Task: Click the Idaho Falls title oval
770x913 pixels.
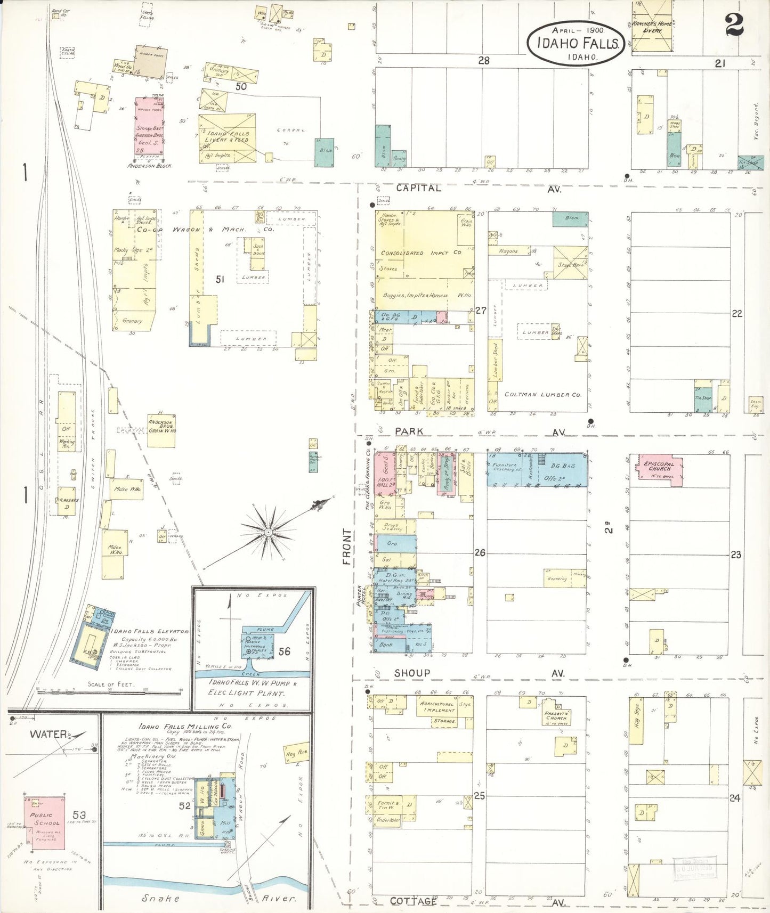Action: [x=576, y=43]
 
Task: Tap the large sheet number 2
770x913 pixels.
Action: [x=734, y=25]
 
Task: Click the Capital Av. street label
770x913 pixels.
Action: [x=418, y=188]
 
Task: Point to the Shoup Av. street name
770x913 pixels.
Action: [x=412, y=673]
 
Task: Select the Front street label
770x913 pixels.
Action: [x=347, y=547]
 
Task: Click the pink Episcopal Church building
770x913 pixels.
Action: [x=660, y=469]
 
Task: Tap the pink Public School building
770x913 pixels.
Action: [x=45, y=822]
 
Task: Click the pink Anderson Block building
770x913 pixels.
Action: [x=149, y=126]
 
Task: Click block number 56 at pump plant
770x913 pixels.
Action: [x=284, y=651]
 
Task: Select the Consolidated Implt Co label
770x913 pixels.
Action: [x=421, y=252]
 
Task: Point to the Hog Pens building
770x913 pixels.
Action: [x=297, y=752]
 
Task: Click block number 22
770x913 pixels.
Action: [x=736, y=314]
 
